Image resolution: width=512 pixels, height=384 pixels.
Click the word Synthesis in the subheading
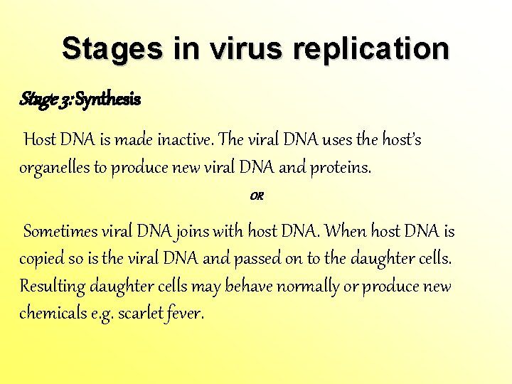tap(107, 100)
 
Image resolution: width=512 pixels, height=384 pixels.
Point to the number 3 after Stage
tap(63, 100)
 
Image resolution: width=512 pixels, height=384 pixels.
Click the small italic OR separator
tap(257, 196)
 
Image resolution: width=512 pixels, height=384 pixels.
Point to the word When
tap(348, 232)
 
